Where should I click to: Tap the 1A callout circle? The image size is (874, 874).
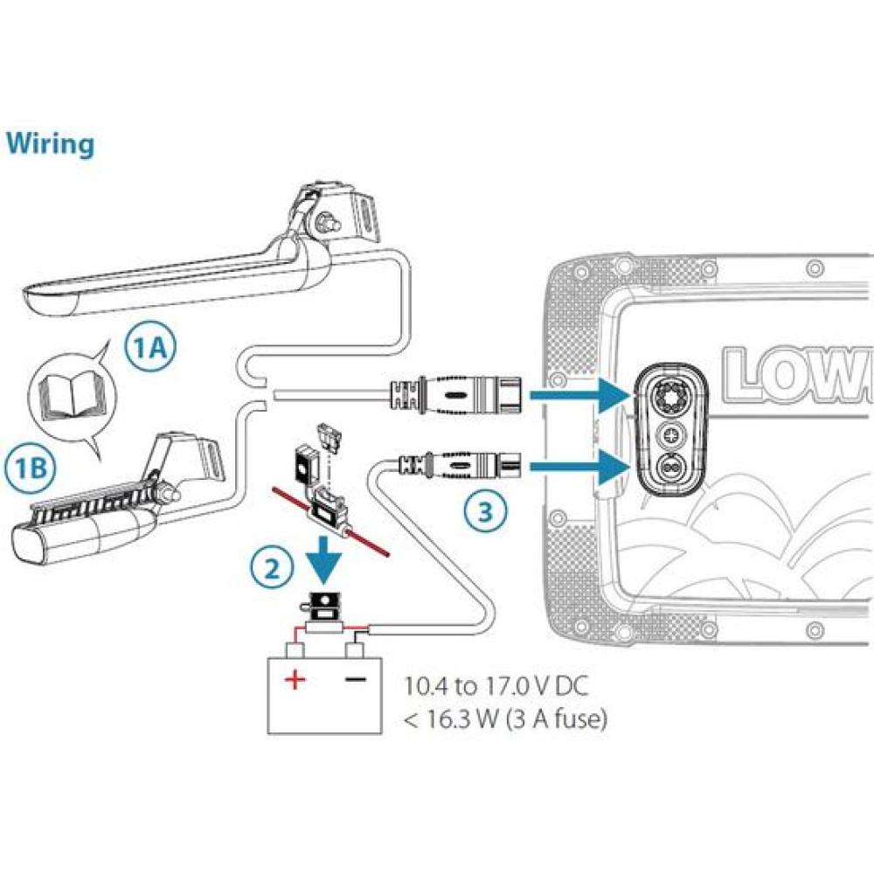pos(149,350)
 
